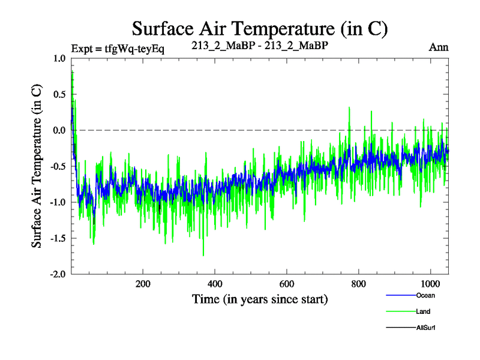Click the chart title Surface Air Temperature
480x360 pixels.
[x=260, y=28]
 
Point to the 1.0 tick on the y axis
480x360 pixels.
[x=60, y=58]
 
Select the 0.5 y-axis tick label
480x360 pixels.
[x=60, y=94]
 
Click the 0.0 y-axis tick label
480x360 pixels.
[x=60, y=130]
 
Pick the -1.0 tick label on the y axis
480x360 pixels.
[x=58, y=202]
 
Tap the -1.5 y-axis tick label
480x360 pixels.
[x=58, y=238]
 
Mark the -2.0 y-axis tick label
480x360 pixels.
[x=58, y=274]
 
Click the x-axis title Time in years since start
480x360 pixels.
[x=260, y=299]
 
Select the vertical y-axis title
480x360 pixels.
[x=37, y=166]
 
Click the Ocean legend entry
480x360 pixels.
[x=425, y=295]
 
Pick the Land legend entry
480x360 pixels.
[x=422, y=311]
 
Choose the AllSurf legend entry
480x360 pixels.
[x=425, y=328]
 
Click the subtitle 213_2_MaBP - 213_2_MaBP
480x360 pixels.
[x=260, y=46]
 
